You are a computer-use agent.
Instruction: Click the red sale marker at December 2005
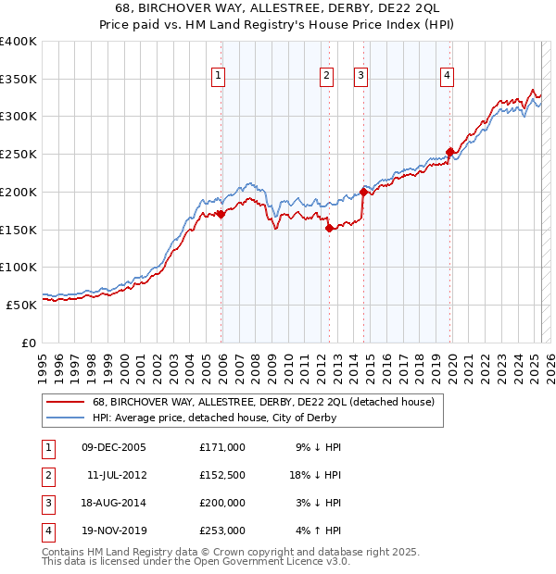(221, 214)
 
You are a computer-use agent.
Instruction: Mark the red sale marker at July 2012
(329, 228)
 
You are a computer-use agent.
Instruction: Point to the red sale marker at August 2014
(363, 192)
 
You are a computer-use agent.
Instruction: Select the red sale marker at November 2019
(449, 152)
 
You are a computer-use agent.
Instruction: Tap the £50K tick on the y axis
(22, 305)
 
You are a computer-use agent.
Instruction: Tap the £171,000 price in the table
(222, 447)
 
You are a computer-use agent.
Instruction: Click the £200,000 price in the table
(222, 503)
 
